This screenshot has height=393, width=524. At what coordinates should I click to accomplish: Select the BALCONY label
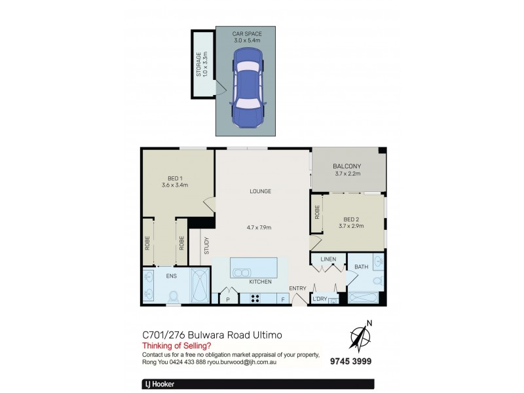pos(348,166)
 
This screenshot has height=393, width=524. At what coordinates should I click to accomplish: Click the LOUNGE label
pos(260,191)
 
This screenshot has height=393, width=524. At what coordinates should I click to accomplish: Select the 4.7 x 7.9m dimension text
pos(260,227)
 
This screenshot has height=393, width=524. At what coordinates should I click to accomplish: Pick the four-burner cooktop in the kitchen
pos(255,299)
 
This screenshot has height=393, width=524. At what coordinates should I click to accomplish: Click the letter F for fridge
pos(283,299)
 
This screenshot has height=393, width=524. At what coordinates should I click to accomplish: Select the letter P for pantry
pos(228,299)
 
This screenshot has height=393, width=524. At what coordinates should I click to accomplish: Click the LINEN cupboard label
pos(328,259)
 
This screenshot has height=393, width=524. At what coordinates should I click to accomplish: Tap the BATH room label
pos(362,267)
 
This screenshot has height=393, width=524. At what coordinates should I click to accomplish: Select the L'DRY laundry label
pos(320,299)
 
